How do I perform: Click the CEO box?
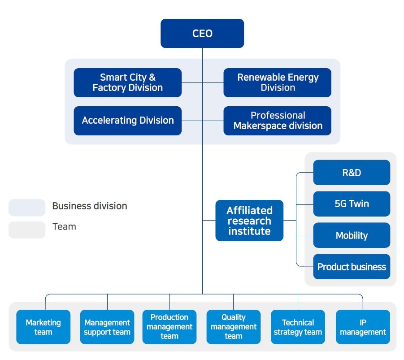[202, 34]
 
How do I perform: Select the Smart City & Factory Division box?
[127, 82]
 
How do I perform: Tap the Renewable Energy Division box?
[278, 82]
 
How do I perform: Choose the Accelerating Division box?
[127, 121]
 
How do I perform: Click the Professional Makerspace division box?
[278, 121]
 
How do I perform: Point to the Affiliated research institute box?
[249, 221]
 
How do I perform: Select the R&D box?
[352, 173]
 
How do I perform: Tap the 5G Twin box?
[352, 204]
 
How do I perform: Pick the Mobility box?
[352, 235]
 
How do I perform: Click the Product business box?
[352, 267]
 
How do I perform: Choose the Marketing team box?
[43, 327]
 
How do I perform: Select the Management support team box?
[107, 327]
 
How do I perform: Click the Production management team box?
[169, 327]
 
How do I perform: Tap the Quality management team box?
[233, 327]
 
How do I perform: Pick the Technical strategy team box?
[298, 327]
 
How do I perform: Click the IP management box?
[363, 327]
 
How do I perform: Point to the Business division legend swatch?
[27, 208]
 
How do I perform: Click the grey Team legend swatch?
[27, 230]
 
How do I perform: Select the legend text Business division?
[90, 206]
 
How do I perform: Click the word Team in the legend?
[64, 227]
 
